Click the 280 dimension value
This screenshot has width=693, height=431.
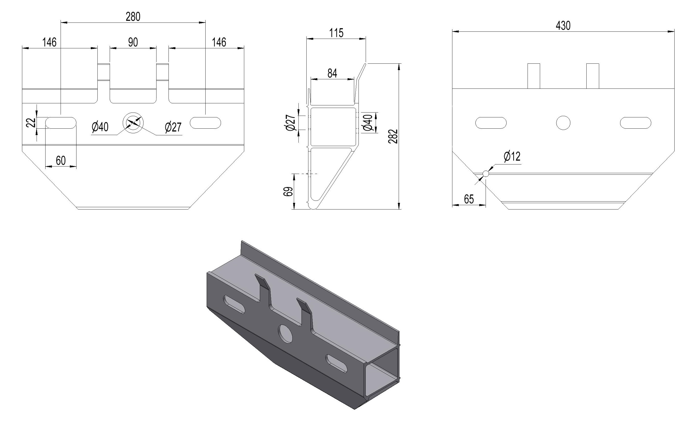pos(133,17)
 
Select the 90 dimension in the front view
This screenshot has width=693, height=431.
pos(133,42)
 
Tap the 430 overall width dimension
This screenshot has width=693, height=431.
pos(563,26)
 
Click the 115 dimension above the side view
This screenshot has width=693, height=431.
pos(337,33)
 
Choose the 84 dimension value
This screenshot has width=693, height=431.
pos(332,73)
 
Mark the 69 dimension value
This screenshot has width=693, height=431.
pos(288,191)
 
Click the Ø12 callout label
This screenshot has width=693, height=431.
pos(512,157)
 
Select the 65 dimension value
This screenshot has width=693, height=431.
pos(469,199)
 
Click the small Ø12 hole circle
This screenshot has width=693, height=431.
pos(486,174)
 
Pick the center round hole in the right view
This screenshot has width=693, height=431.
pos(563,123)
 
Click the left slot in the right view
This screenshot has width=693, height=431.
pos(491,123)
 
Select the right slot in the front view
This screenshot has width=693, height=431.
pos(205,123)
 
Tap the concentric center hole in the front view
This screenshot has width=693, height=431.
pos(133,123)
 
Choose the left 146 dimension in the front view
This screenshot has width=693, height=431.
pos(50,42)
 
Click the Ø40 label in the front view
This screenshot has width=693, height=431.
pos(100,127)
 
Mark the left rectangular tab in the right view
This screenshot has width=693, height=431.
pos(534,76)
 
